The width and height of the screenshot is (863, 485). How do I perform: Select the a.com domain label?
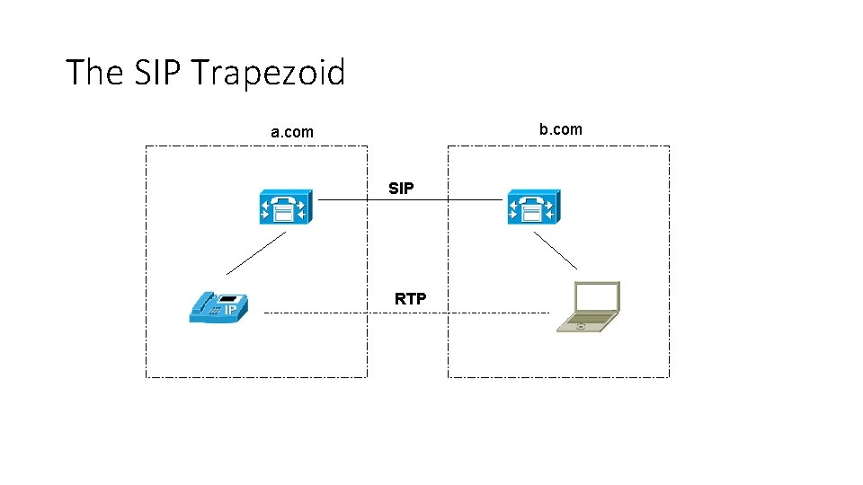point(292,132)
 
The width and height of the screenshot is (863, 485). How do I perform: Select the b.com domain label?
point(560,129)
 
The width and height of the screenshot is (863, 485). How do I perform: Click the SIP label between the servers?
point(401,189)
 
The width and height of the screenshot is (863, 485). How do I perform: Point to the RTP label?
point(410,299)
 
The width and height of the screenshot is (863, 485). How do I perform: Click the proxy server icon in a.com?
point(283,207)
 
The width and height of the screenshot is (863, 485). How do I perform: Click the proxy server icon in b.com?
point(533,207)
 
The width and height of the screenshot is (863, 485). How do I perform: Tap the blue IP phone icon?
point(218,307)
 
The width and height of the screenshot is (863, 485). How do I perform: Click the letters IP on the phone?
point(231,311)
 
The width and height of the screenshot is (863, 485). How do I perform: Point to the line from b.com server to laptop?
point(556,251)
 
